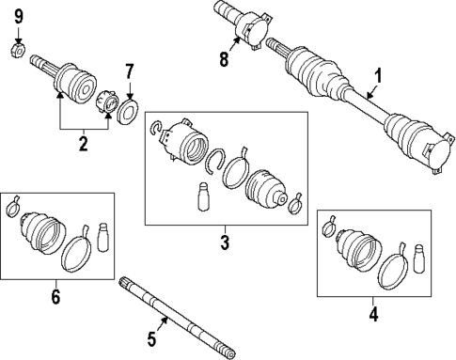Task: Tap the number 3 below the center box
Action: point(225,243)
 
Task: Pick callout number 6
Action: point(55,298)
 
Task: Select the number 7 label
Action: point(131,70)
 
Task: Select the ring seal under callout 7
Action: point(129,114)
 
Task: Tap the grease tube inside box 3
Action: point(199,200)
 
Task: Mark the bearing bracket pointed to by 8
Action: point(253,26)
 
